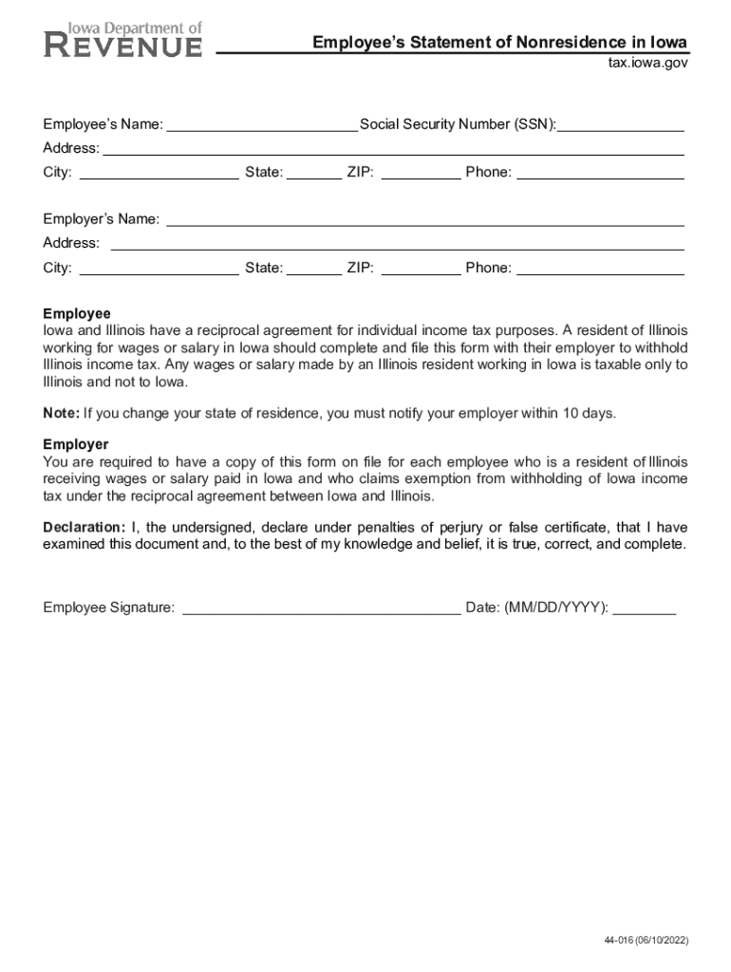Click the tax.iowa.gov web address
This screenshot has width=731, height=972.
[647, 63]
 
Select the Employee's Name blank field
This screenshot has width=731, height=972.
[261, 125]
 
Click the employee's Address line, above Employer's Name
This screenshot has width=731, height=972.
[393, 149]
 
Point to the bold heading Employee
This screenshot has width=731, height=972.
[77, 314]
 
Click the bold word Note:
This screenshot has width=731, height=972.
[61, 413]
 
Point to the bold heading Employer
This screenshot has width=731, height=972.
[76, 444]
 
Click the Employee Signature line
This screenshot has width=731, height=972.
[321, 609]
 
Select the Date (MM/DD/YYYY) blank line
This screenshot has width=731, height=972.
[645, 609]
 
